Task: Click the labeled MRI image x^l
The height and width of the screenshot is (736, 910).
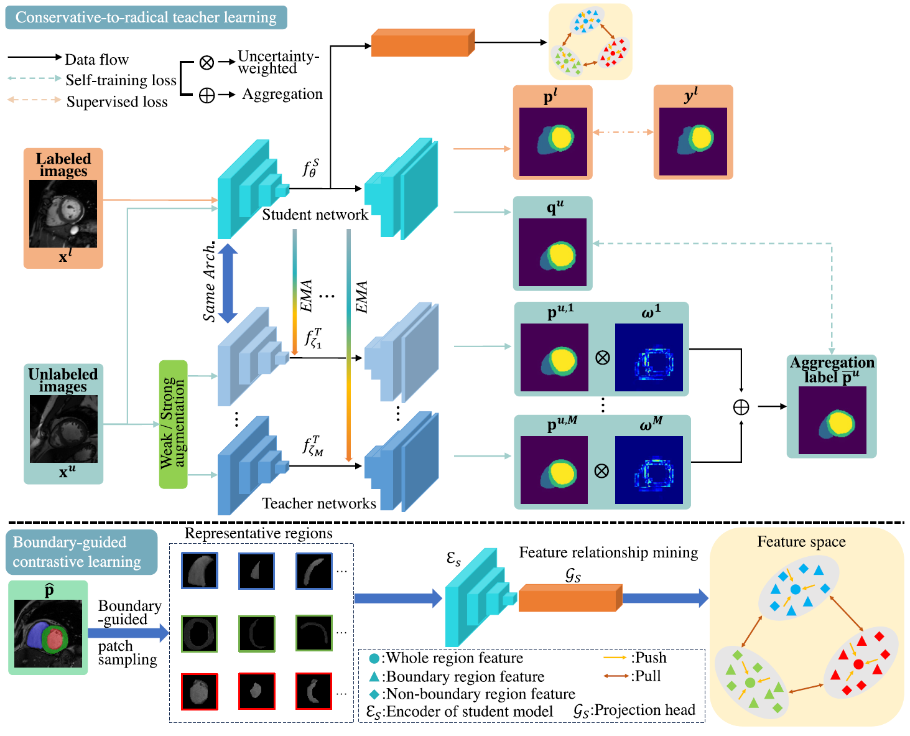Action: tap(63, 213)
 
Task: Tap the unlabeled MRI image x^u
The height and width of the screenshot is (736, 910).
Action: tap(63, 429)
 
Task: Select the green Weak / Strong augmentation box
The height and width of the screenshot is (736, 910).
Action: tap(173, 424)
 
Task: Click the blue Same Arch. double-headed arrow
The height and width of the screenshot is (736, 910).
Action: tap(228, 283)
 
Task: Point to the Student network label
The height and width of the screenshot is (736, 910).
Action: tap(315, 215)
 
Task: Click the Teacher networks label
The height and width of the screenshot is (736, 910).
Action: tap(318, 503)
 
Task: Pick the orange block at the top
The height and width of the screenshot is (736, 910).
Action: tap(422, 43)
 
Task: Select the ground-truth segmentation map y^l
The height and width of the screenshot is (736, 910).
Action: tap(693, 141)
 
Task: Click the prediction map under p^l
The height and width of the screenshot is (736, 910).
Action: tap(553, 141)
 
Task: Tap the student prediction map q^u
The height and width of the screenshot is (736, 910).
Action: tap(552, 252)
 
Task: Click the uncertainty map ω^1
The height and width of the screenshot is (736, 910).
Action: tap(649, 357)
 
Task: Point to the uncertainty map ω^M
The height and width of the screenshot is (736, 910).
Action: tap(649, 470)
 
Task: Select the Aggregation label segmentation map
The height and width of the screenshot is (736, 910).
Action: tap(832, 420)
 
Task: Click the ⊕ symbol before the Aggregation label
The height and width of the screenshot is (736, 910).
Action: tap(741, 407)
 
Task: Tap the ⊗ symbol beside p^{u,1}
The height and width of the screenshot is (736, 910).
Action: tap(602, 358)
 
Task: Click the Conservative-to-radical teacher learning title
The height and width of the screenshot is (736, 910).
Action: tap(146, 17)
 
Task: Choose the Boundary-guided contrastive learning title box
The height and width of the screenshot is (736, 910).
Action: tap(81, 552)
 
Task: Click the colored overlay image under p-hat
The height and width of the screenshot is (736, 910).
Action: tap(48, 633)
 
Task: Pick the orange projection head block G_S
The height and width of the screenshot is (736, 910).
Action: tap(570, 598)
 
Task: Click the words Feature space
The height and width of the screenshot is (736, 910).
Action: tap(801, 542)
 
